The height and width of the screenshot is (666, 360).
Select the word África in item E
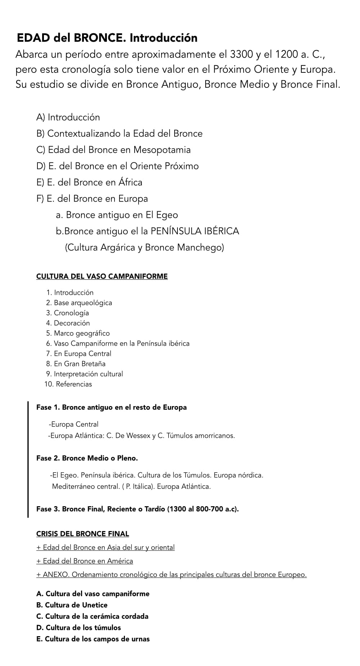[130, 182]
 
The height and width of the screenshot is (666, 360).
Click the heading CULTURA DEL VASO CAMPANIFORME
[102, 276]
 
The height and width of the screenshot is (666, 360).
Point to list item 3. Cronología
[68, 313]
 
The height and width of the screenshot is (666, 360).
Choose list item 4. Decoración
[68, 323]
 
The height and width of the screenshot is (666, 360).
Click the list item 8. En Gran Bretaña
[76, 364]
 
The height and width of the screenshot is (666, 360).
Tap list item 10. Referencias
[68, 384]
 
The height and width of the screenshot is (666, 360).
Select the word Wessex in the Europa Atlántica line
[138, 436]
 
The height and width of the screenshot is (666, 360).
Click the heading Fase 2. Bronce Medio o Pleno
[87, 458]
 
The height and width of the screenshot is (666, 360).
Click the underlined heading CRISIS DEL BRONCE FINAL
[82, 534]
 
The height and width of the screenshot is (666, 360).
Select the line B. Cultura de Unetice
[72, 605]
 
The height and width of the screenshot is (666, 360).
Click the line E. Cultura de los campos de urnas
[93, 639]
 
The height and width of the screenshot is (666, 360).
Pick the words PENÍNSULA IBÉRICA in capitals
[195, 231]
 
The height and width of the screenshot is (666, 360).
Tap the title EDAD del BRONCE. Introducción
[107, 38]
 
